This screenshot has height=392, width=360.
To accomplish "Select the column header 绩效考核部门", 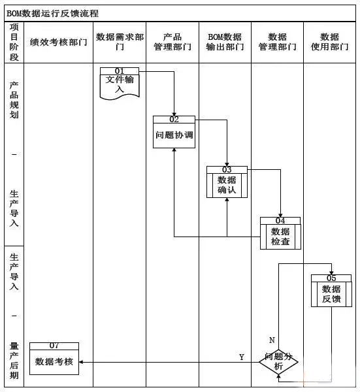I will [x=59, y=42].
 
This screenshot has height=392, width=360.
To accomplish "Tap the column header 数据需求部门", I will [x=120, y=42].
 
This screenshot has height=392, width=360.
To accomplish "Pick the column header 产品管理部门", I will [x=172, y=42].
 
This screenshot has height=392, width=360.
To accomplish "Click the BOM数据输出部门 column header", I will [x=225, y=42].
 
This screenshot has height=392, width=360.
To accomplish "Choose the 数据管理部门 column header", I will [x=277, y=42].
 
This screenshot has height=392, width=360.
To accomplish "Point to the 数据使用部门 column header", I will [x=330, y=42].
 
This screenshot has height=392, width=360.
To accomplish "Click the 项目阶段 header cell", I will [x=14, y=42].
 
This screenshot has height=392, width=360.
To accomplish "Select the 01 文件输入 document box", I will [x=120, y=83].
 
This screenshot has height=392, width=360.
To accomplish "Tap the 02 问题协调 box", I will [x=174, y=133].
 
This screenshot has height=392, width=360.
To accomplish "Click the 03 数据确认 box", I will [x=227, y=182].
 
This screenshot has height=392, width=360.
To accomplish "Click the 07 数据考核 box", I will [x=54, y=359].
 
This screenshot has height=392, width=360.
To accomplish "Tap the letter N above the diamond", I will [x=272, y=340].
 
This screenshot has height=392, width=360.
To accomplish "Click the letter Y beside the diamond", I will [x=242, y=357].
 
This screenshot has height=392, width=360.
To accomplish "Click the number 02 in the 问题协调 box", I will [x=174, y=120].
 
